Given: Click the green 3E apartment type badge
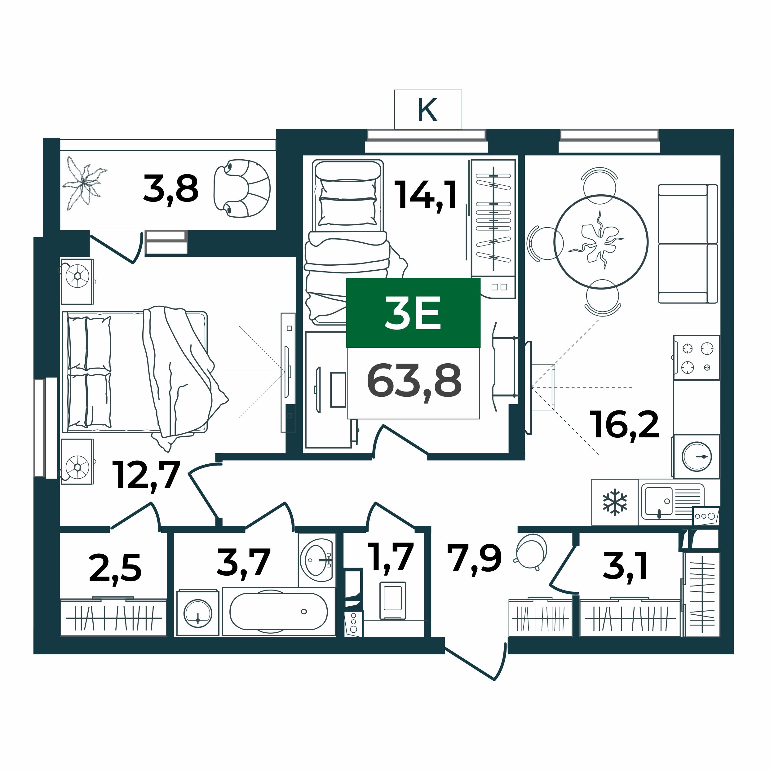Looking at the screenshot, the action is (x=413, y=313).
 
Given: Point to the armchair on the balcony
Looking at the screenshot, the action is (x=242, y=188).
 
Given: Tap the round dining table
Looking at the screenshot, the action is (x=601, y=242).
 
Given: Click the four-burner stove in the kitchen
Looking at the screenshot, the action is (x=697, y=357).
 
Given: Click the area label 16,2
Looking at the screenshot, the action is (x=625, y=425).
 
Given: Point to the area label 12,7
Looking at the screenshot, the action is (x=147, y=476).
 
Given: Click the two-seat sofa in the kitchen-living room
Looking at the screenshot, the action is (x=688, y=244).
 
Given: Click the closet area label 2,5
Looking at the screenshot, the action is (x=115, y=568).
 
